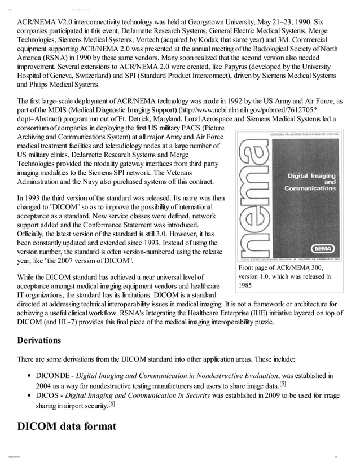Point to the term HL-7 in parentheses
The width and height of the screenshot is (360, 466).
(x=70, y=323)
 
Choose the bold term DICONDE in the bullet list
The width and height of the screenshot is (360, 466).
(x=52, y=376)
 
